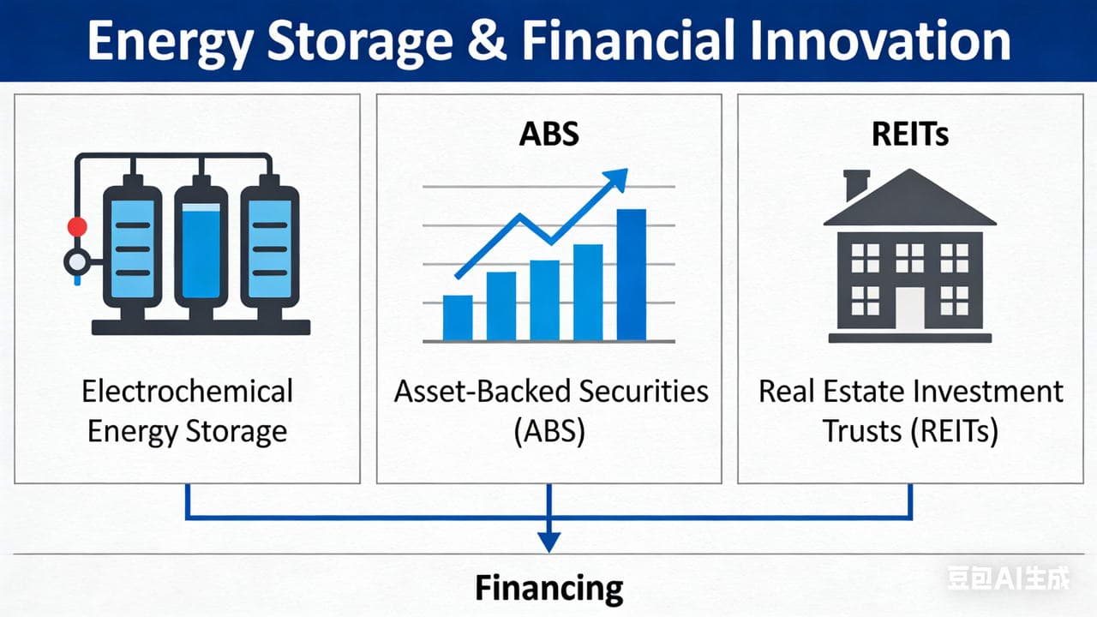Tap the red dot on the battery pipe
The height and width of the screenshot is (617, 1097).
click(x=77, y=227)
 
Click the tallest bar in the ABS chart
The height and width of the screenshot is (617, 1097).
click(x=632, y=274)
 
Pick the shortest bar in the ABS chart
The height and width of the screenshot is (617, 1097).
click(x=458, y=317)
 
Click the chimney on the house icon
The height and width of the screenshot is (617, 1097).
click(x=856, y=183)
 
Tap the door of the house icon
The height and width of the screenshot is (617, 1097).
click(x=910, y=308)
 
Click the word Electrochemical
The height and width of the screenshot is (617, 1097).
click(x=188, y=392)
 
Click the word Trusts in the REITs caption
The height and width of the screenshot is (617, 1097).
click(x=865, y=431)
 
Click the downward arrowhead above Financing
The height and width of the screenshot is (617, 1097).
click(x=548, y=542)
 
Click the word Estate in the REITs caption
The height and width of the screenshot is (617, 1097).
click(x=866, y=392)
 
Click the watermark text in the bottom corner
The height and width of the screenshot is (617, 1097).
click(x=1009, y=580)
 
